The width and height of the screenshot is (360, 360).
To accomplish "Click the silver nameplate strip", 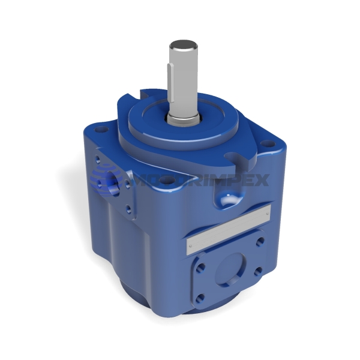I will (x=228, y=226).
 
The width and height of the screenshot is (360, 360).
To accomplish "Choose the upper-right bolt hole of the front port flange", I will (x=259, y=242).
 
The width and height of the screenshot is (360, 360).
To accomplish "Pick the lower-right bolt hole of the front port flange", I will (x=258, y=272).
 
